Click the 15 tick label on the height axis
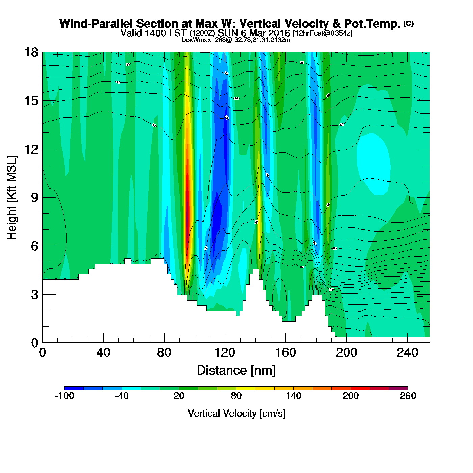click(31, 101)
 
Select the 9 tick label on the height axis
click(34, 198)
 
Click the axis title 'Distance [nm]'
click(236, 371)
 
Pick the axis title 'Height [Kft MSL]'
click(12, 198)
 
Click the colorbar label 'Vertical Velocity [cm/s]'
click(236, 413)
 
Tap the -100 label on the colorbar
click(64, 396)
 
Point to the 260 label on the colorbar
click(408, 396)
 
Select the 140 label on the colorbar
click(293, 396)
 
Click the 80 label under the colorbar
click(236, 396)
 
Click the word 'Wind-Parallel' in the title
click(96, 24)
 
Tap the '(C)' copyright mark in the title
click(408, 23)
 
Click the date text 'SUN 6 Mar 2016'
click(254, 33)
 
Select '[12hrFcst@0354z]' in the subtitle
click(323, 33)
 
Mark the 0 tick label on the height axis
click(34, 343)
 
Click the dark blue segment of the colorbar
click(74, 388)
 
